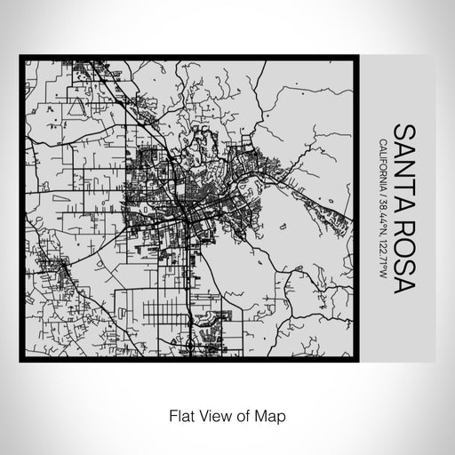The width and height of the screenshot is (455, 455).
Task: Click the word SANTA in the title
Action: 402,160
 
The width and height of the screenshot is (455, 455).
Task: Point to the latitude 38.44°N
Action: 381,220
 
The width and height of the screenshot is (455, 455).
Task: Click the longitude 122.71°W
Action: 381,257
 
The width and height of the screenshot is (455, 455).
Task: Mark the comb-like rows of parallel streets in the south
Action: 164,311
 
